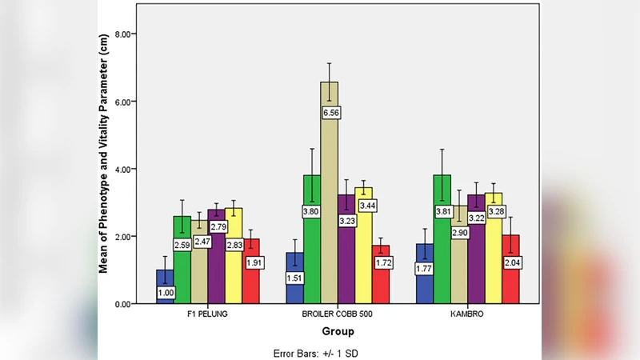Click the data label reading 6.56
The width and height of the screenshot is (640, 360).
point(330,114)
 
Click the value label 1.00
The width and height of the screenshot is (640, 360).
point(165,294)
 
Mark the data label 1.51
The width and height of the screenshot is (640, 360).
point(294,278)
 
